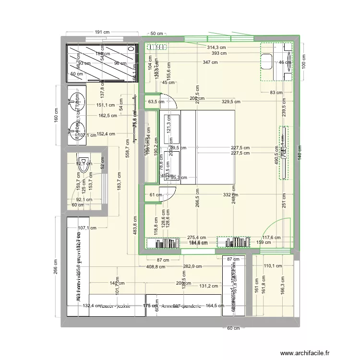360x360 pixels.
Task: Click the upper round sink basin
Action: [x=75, y=99]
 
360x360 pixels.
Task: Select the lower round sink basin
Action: [x=75, y=128]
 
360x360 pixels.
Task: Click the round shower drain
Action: [x=132, y=49]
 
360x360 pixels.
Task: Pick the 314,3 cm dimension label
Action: [x=216, y=48]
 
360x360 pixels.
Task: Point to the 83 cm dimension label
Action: [x=276, y=92]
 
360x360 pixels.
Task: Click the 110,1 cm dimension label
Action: [x=273, y=265]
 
